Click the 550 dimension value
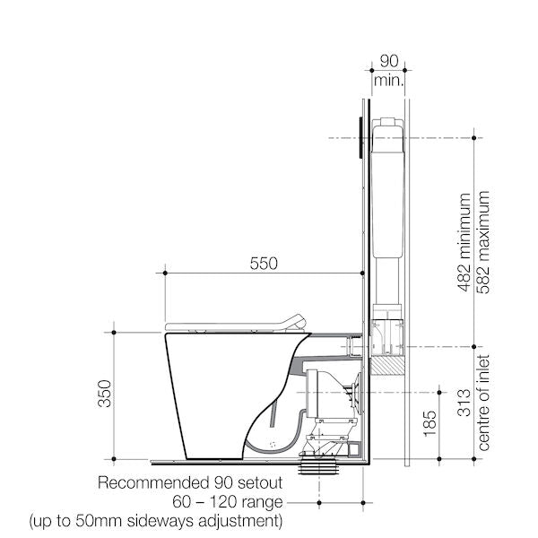click(x=263, y=264)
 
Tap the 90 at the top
click(x=389, y=62)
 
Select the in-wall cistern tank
click(x=387, y=188)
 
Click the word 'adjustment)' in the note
click(x=245, y=520)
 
